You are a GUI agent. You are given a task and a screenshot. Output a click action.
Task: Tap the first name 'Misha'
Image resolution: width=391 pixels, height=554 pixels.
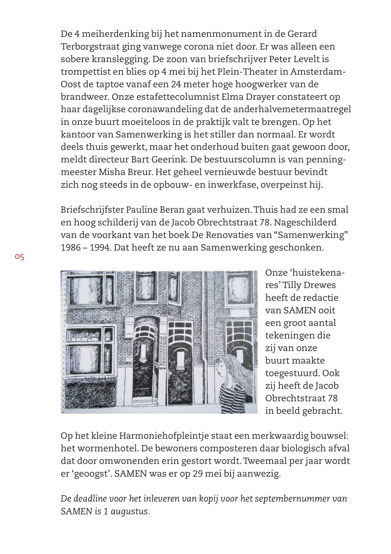point(112,172)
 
